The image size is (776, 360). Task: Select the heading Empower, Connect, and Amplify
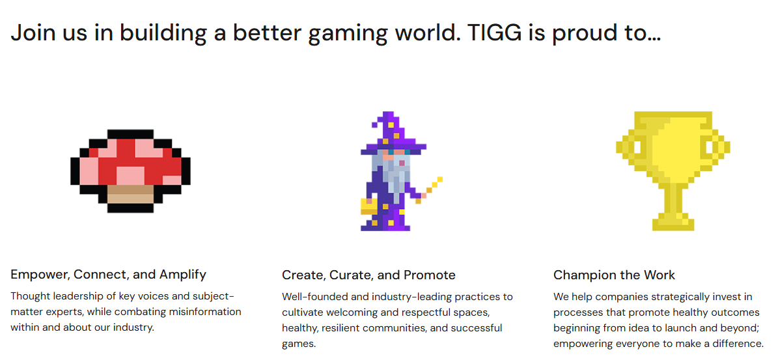tap(108, 274)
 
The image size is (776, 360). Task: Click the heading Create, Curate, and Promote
tap(368, 275)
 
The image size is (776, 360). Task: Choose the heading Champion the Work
tap(614, 275)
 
